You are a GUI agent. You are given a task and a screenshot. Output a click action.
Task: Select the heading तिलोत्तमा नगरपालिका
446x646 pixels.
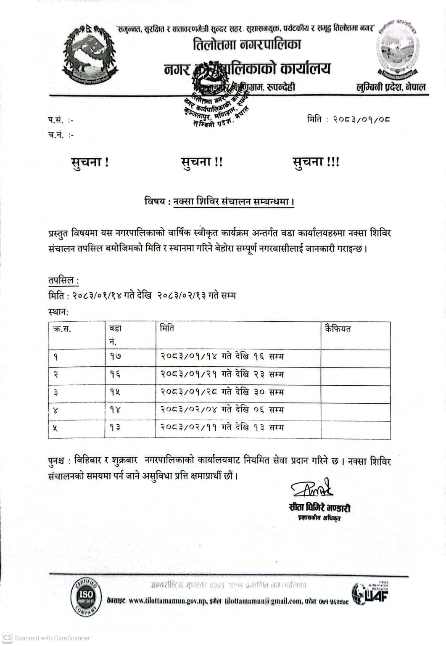pyautogui.click(x=247, y=44)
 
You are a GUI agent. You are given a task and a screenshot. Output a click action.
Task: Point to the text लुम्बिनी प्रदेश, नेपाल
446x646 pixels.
pyautogui.click(x=391, y=87)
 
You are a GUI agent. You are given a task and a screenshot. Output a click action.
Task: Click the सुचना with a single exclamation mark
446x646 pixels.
pyautogui.click(x=90, y=162)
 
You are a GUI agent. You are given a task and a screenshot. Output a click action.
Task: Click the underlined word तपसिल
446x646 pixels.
pyautogui.click(x=61, y=280)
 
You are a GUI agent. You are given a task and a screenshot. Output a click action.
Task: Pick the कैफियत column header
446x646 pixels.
pyautogui.click(x=338, y=329)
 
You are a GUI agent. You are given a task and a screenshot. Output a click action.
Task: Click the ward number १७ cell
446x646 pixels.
pyautogui.click(x=116, y=357)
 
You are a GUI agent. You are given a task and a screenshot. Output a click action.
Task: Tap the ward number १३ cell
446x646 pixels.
pyautogui.click(x=116, y=427)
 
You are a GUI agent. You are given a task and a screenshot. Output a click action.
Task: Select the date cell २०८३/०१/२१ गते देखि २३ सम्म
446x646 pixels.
pyautogui.click(x=222, y=374)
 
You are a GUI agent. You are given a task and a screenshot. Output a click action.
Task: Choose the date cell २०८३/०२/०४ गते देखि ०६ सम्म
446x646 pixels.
pyautogui.click(x=222, y=410)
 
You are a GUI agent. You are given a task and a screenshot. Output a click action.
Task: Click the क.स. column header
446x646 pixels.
pyautogui.click(x=62, y=329)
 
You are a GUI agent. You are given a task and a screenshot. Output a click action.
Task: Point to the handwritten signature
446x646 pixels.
pyautogui.click(x=312, y=489)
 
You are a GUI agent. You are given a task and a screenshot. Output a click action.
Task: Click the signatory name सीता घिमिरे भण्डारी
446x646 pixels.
pyautogui.click(x=319, y=508)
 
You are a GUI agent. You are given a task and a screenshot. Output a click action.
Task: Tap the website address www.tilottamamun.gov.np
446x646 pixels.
pyautogui.click(x=167, y=601)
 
